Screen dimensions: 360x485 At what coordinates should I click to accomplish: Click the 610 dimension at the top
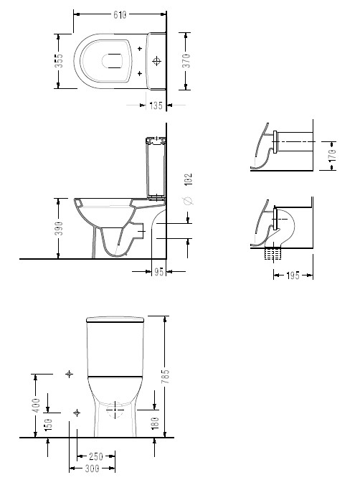[x=120, y=14]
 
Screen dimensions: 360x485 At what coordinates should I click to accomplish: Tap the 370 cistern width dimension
[x=186, y=61]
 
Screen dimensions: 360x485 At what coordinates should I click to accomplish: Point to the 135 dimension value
[x=156, y=105]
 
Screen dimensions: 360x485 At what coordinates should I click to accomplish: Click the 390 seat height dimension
[x=59, y=228]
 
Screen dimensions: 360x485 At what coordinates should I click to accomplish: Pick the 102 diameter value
[x=188, y=179]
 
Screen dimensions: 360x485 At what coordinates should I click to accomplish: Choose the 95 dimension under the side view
[x=158, y=272]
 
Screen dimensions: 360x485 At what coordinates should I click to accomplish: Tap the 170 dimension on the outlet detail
[x=332, y=155]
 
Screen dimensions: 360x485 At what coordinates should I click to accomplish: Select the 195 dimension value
[x=293, y=276]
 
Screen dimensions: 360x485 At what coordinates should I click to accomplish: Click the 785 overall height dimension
[x=166, y=376]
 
